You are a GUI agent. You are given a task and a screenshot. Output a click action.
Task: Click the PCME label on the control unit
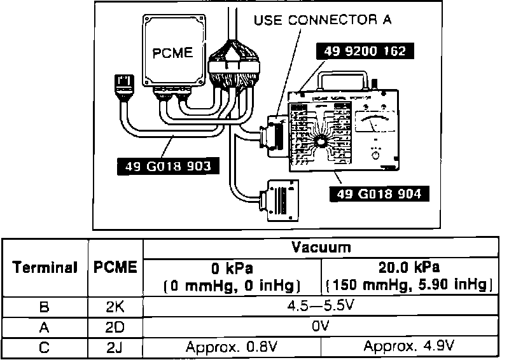pyautogui.click(x=172, y=53)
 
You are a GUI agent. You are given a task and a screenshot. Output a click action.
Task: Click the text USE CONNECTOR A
pyautogui.click(x=323, y=20)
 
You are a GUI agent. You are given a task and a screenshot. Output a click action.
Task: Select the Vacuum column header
pyautogui.click(x=321, y=247)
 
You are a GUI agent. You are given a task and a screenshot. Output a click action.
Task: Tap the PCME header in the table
pyautogui.click(x=115, y=267)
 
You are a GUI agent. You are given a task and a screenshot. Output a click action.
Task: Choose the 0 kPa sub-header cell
pyautogui.click(x=232, y=275)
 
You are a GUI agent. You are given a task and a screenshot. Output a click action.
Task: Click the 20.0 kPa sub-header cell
pyautogui.click(x=410, y=275)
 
